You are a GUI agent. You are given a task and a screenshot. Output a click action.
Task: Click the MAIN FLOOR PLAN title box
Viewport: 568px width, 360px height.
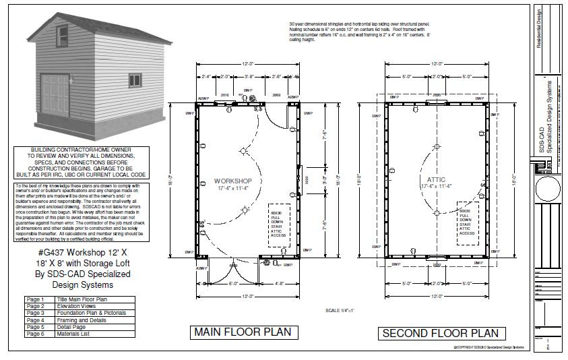(x=242, y=332)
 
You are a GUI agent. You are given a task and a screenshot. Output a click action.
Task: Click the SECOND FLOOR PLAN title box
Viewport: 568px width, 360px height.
(x=440, y=332)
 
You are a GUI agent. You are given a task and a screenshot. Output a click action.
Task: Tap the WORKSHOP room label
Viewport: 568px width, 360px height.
(x=233, y=181)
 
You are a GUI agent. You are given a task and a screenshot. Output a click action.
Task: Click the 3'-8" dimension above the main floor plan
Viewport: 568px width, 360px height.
(x=249, y=77)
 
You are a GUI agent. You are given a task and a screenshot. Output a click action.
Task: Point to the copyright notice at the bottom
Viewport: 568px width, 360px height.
(x=488, y=347)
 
